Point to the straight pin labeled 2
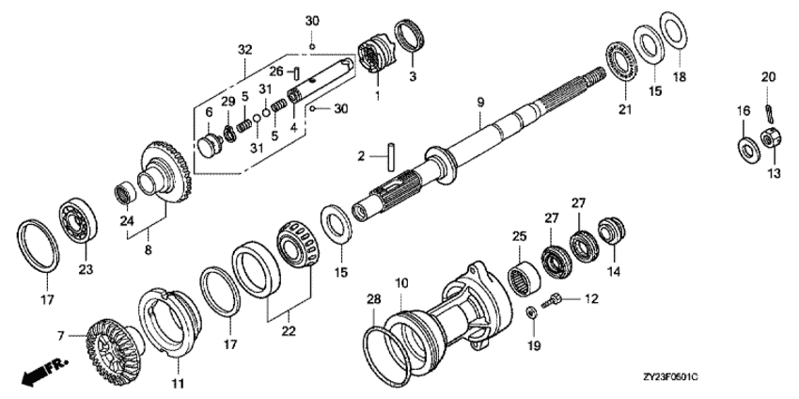tap(391, 155)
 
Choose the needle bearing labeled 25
tap(525, 278)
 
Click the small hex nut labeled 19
tap(531, 312)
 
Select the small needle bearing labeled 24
tap(125, 195)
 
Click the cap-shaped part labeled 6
tap(209, 146)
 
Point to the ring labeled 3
tap(411, 35)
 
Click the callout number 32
tap(245, 50)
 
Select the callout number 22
tap(289, 331)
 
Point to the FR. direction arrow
tap(44, 372)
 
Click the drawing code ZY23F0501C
tap(670, 377)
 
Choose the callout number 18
tap(680, 77)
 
